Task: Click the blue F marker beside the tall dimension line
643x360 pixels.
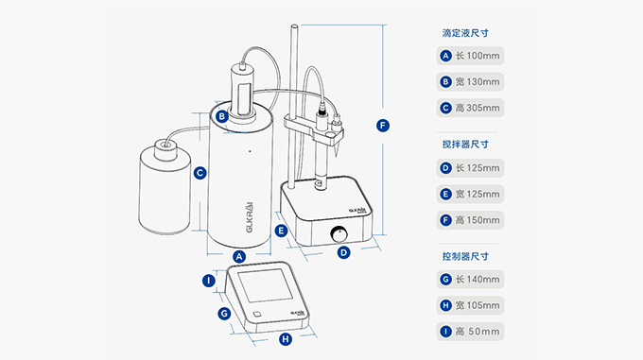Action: pos(383,126)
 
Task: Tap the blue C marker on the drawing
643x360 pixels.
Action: pos(200,173)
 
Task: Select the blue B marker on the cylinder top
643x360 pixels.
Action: pos(222,116)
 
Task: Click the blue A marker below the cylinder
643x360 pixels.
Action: pos(239,257)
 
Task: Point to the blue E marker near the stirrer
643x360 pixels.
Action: pos(281,231)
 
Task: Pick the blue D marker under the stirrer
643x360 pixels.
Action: pos(343,252)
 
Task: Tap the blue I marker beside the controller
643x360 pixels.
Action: pos(209,281)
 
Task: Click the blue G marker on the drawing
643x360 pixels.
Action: pos(224,314)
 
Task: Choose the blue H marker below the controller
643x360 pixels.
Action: pos(286,338)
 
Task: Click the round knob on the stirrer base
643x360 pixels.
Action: pos(339,234)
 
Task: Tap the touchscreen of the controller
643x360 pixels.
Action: pos(266,285)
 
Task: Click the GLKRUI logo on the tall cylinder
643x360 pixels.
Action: pos(250,217)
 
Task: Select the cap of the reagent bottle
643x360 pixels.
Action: pos(165,148)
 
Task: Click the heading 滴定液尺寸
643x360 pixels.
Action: pos(465,33)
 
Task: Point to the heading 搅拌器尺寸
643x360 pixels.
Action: pos(465,145)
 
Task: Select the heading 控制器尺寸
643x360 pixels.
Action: pos(465,256)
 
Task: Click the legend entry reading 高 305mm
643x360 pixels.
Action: pos(470,108)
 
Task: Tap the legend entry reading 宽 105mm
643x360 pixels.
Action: pos(470,305)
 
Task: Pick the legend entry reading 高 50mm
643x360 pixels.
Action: pos(470,332)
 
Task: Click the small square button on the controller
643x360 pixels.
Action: pos(256,314)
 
